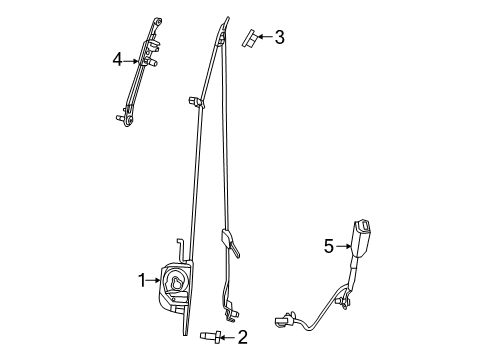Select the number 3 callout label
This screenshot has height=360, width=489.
[279, 38]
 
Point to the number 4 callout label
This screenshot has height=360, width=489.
[118, 61]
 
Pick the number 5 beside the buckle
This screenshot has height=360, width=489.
[328, 246]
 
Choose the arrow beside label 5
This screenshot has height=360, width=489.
[343, 246]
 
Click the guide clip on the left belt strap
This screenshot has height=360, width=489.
[193, 101]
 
